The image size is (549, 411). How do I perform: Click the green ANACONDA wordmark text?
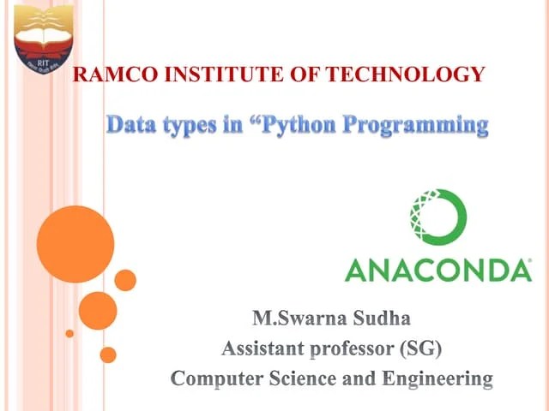[437, 271]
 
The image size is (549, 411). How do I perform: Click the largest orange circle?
[75, 244]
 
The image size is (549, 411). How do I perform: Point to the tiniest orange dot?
[70, 333]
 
